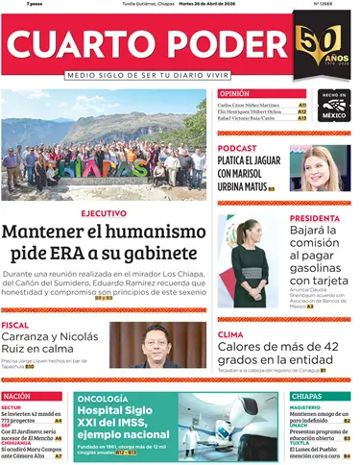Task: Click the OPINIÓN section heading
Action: point(234,93)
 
